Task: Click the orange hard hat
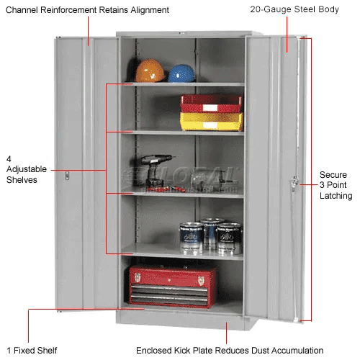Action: coord(150,71)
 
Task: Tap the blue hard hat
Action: coord(181,73)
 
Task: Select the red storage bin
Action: coord(211,104)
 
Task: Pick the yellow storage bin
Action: coord(212,122)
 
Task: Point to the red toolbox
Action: coord(172,287)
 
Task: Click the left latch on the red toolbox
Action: coord(138,278)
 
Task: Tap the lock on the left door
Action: coord(67,176)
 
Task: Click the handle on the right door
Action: coord(294,183)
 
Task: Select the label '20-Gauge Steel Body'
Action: coord(294,9)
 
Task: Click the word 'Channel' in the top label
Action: coord(22,10)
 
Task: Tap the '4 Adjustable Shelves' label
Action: coord(27,169)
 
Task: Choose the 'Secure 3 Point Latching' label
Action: coord(336,185)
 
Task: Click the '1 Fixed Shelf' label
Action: coord(32,351)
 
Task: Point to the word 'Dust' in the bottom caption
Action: coord(261,351)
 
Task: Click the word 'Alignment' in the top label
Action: coord(150,10)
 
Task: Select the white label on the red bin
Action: coord(210,108)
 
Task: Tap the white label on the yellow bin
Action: coord(210,125)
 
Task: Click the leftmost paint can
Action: coord(192,238)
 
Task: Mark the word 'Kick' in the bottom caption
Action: coord(182,351)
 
